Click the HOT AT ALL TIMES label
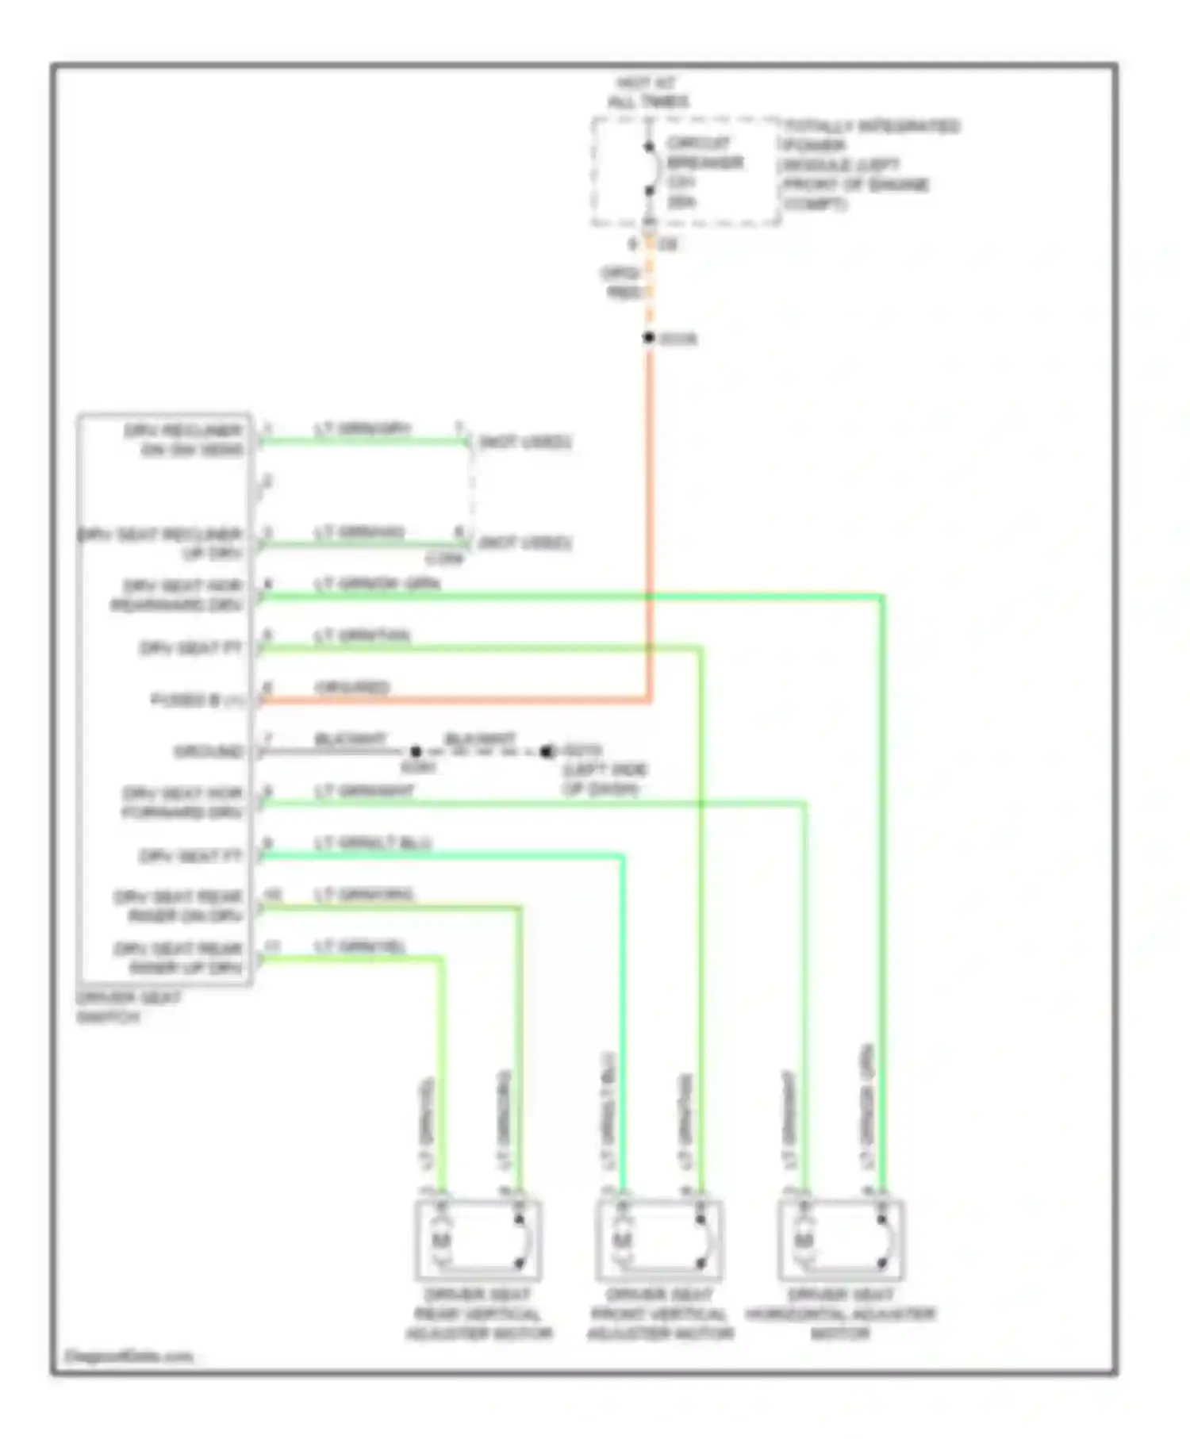(x=647, y=92)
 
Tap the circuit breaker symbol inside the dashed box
(x=650, y=169)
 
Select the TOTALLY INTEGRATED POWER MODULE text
(x=869, y=165)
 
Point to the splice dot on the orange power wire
(x=649, y=338)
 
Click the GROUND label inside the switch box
(x=209, y=751)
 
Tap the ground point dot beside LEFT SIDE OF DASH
(x=547, y=751)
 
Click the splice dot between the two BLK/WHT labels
(x=416, y=751)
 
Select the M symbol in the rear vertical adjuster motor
(x=440, y=1240)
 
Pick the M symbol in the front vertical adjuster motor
(x=622, y=1240)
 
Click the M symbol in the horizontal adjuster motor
(x=804, y=1240)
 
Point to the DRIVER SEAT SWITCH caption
(x=129, y=1007)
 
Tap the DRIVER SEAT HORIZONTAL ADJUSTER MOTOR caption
(x=841, y=1314)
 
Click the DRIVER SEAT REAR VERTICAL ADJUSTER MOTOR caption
(x=478, y=1314)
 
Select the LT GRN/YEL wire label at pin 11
(x=360, y=946)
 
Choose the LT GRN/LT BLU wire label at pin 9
(x=373, y=842)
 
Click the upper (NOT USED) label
(x=524, y=442)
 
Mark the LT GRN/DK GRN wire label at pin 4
(x=377, y=584)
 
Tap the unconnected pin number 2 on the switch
(x=267, y=482)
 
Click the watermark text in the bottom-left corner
(x=129, y=1356)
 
